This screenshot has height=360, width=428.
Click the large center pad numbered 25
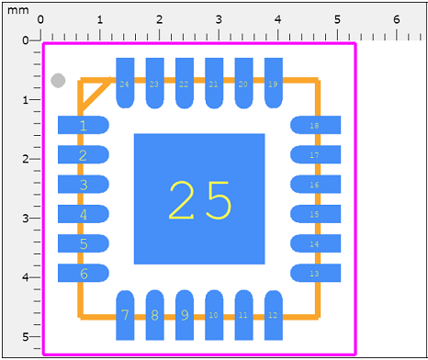coord(199,198)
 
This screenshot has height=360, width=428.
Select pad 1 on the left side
coord(84,126)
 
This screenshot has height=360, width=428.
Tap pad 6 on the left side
coord(84,274)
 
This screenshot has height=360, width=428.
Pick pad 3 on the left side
coord(84,185)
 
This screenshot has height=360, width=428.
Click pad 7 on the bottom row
coord(125,315)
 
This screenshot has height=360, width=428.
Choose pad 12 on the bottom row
coord(273,315)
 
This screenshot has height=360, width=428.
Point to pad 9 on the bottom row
coord(184,315)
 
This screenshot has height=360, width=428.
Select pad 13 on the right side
coord(315,274)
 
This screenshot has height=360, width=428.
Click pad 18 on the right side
coord(315,126)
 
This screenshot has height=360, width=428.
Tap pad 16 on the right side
coord(315,185)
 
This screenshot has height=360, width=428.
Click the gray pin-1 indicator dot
coord(59,81)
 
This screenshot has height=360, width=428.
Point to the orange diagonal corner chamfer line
coord(91,94)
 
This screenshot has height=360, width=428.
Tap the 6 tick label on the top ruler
coord(397,19)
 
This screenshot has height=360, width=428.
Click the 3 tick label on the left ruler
coord(26,218)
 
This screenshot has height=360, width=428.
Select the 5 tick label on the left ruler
coord(26,336)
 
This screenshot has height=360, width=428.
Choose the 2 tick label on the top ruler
coord(160,19)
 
